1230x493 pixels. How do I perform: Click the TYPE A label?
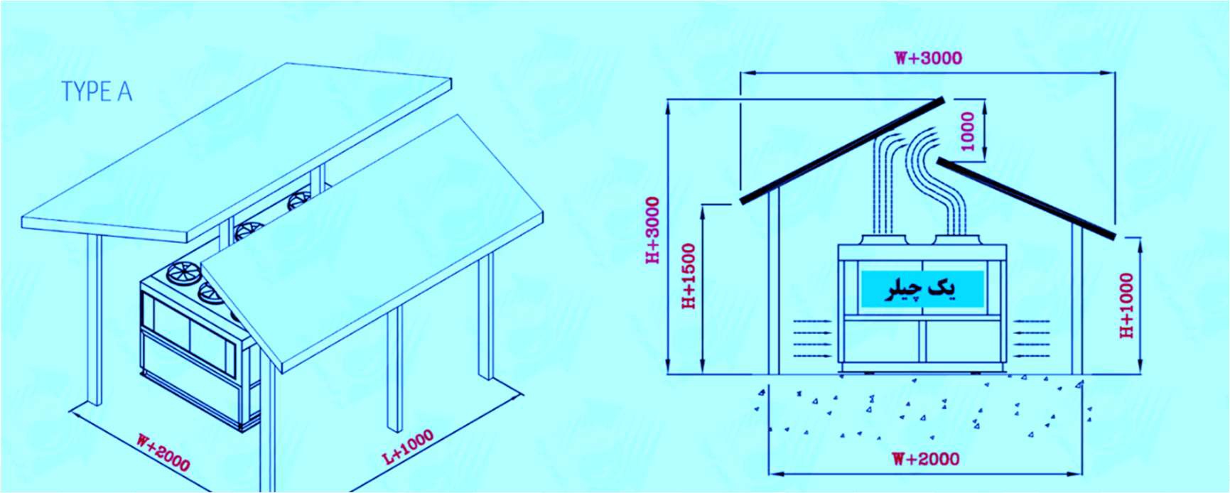(97, 92)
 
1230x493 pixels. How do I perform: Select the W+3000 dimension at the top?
(928, 58)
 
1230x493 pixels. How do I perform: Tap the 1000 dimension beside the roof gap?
(968, 131)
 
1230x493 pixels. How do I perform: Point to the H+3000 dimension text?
(653, 230)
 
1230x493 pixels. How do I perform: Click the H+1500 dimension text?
(689, 276)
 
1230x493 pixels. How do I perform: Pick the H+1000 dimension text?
(1127, 305)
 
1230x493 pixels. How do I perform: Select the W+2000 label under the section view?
(925, 459)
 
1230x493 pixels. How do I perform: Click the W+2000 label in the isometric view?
(163, 452)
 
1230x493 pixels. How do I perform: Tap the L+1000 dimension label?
(408, 448)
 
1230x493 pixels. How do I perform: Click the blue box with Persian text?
(922, 289)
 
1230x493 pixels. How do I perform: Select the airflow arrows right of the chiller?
(1031, 339)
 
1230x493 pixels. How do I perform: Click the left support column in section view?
(774, 280)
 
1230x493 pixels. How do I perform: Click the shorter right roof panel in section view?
(1026, 199)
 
